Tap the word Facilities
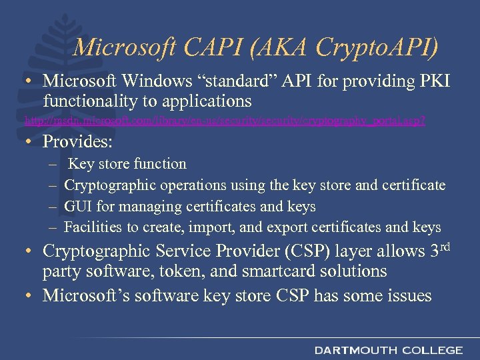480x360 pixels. tap(93, 227)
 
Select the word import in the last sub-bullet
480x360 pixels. tap(212, 227)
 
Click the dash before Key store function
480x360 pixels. tap(53, 164)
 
